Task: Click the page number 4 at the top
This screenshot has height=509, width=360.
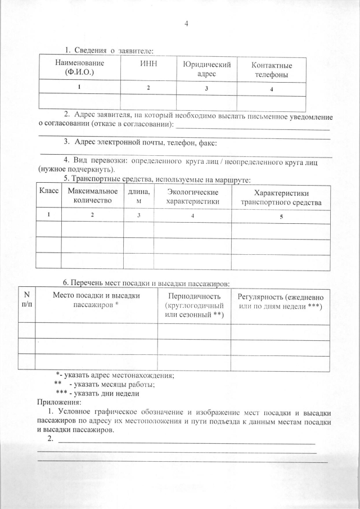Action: [186, 24]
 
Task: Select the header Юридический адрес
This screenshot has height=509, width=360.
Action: [206, 69]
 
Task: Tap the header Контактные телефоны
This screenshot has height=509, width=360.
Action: [272, 69]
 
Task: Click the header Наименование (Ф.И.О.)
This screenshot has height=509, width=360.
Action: [79, 68]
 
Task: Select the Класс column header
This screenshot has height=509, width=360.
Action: [49, 192]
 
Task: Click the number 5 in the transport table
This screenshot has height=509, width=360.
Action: [281, 216]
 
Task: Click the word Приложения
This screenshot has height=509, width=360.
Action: [59, 402]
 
